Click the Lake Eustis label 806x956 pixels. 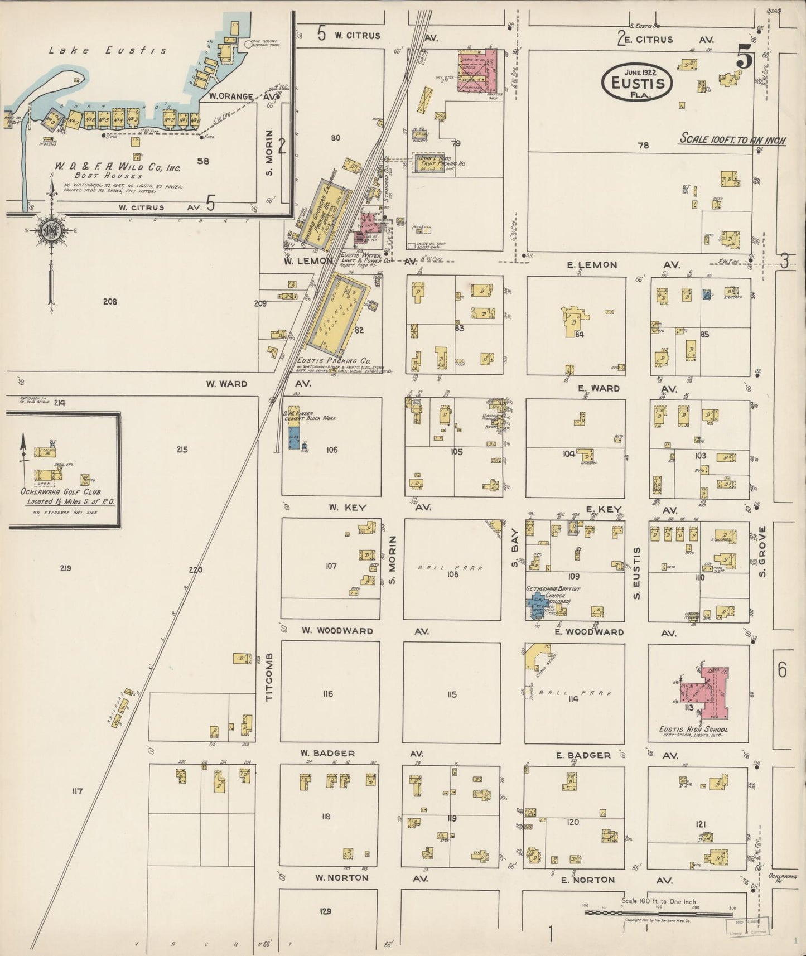(x=107, y=51)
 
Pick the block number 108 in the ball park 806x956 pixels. (x=452, y=574)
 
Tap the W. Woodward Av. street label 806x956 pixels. (x=337, y=631)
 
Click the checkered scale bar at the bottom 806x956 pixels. (x=658, y=913)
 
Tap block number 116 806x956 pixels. (x=327, y=694)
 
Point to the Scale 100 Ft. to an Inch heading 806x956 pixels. (x=732, y=139)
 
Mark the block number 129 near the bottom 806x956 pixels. (x=326, y=911)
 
